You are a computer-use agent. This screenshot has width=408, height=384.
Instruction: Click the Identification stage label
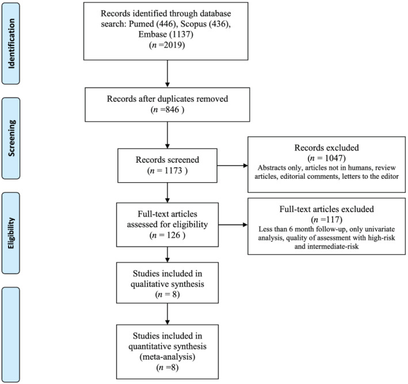[x=11, y=44]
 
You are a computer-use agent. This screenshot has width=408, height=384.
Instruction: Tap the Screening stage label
[x=11, y=138]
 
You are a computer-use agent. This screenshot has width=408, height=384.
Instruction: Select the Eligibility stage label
[x=11, y=233]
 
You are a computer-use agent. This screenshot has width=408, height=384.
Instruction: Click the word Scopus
[x=193, y=24]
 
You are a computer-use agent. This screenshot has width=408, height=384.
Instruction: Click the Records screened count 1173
[x=173, y=171]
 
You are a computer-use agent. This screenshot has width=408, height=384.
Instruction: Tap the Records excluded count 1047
[x=333, y=158]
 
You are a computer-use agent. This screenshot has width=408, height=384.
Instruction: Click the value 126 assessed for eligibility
[x=173, y=235]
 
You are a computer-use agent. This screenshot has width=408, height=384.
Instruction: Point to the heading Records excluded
[x=326, y=148]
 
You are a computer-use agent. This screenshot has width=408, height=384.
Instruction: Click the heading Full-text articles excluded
[x=326, y=209]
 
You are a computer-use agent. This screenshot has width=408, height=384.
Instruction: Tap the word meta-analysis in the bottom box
[x=167, y=357]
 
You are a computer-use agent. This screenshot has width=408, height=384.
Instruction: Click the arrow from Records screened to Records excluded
[x=232, y=166]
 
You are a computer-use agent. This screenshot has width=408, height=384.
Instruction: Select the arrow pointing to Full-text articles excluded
[x=233, y=225]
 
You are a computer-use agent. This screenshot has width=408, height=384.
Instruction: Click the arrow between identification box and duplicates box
[x=167, y=74]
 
